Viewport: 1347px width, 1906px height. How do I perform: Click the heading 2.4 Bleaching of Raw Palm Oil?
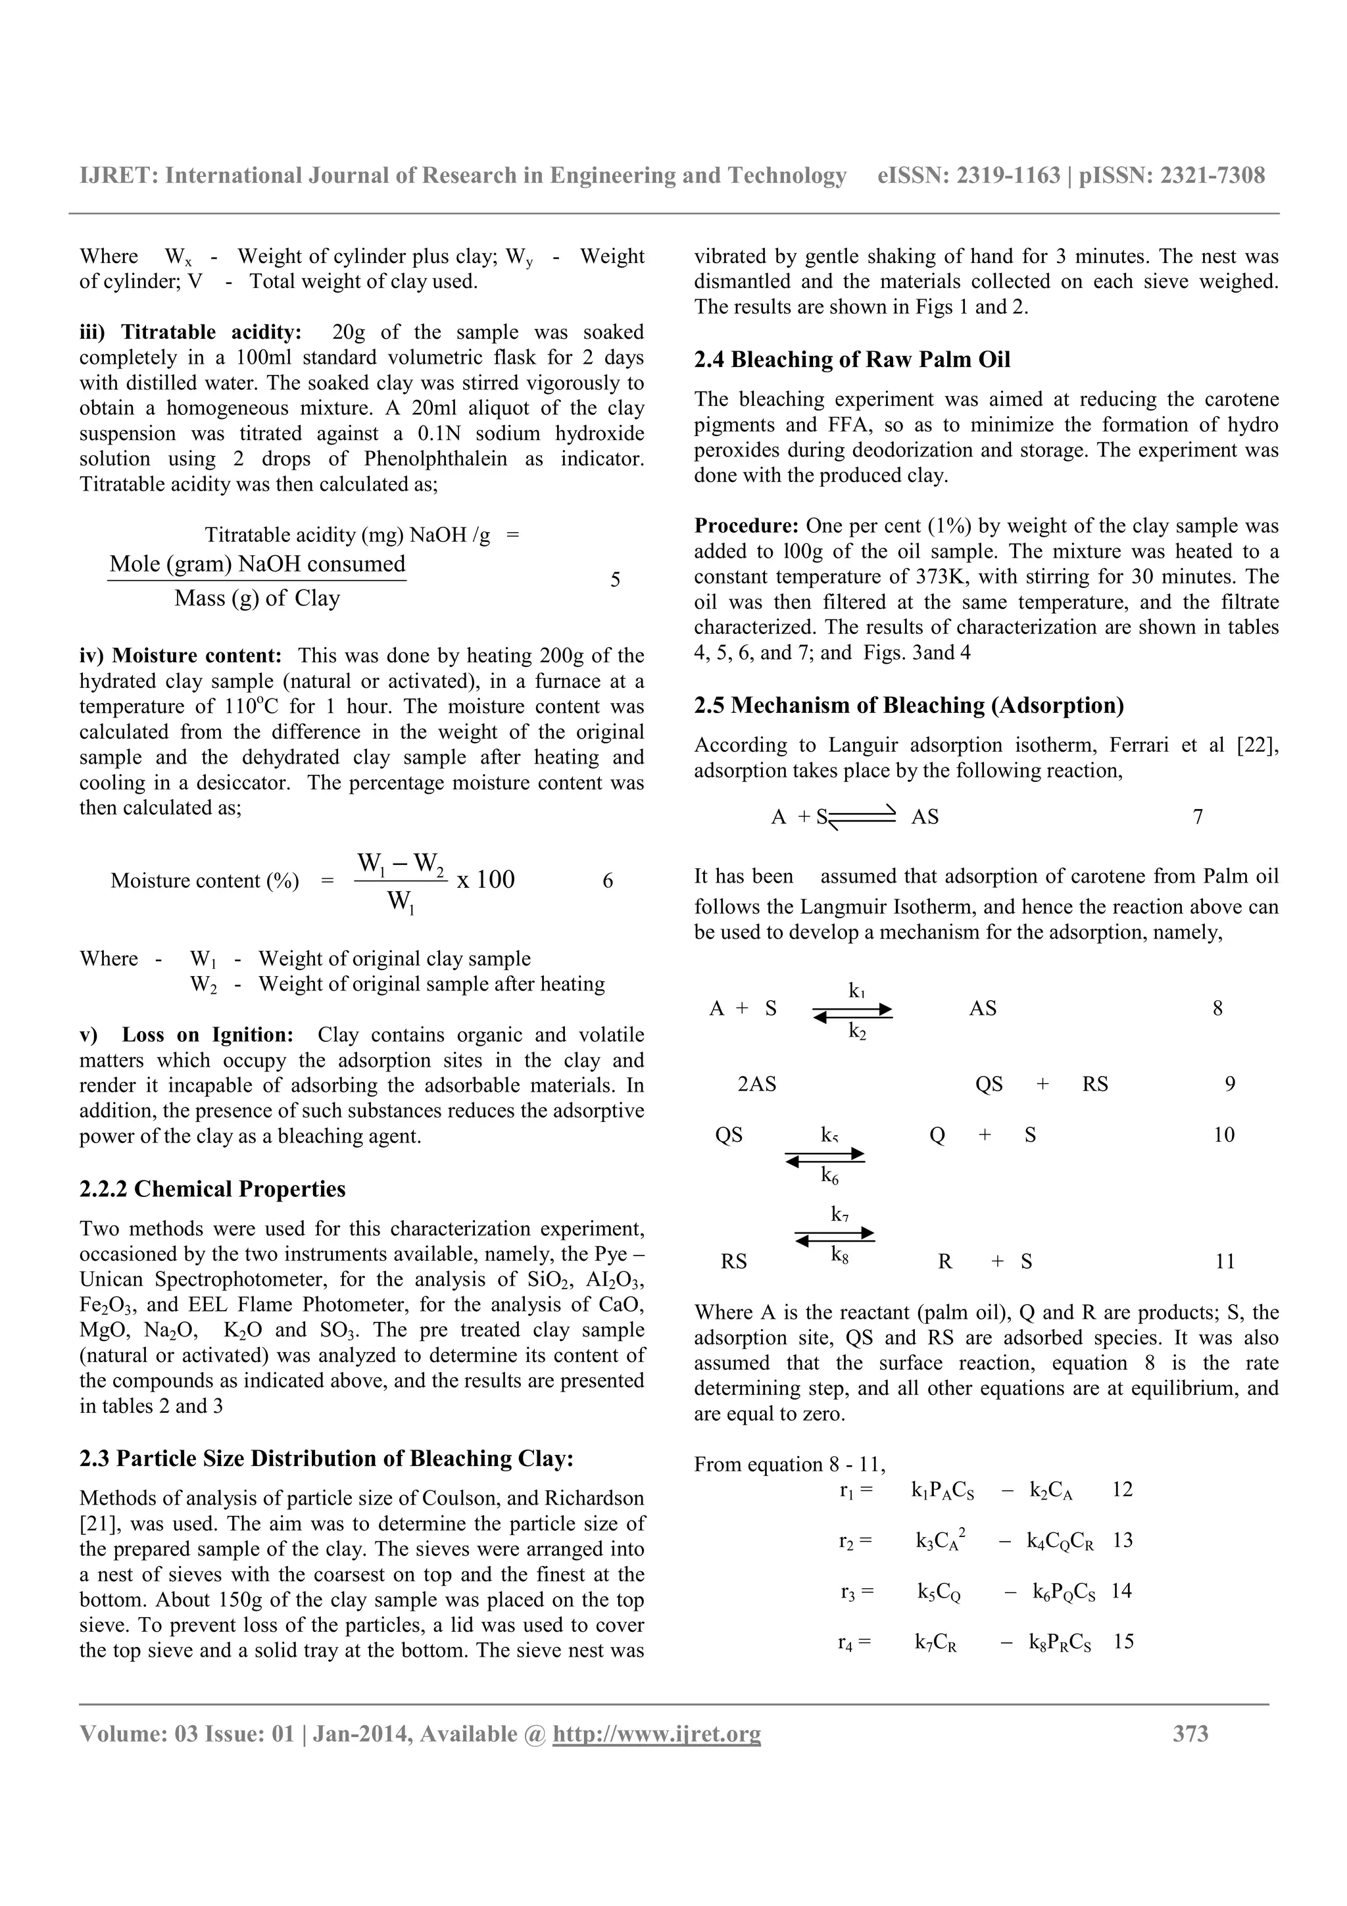pos(852,360)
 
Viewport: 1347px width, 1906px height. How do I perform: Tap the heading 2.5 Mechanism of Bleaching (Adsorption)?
pos(909,706)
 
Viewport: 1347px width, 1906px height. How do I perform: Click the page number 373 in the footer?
pos(1190,1733)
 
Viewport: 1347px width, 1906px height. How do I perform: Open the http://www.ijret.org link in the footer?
pos(656,1733)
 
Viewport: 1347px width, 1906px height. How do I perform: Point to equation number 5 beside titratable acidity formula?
pos(615,579)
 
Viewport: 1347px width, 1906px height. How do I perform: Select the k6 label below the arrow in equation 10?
pos(829,1175)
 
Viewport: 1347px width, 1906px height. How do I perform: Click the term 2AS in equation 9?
pos(756,1084)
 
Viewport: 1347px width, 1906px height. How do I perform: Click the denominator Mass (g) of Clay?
pos(257,599)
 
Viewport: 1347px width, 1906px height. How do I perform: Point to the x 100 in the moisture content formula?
pos(485,880)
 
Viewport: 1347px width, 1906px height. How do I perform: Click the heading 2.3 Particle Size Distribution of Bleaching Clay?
pos(327,1459)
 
